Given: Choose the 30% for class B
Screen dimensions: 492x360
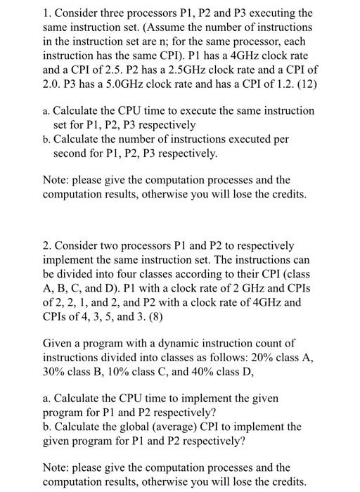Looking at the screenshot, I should pos(54,372).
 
